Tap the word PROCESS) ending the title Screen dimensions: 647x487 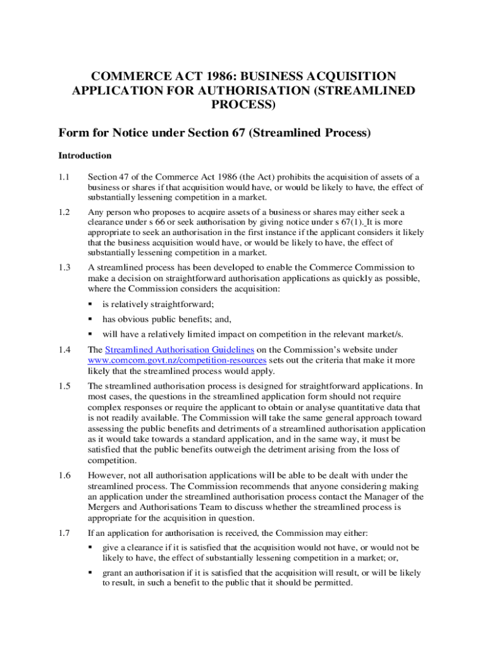(244, 105)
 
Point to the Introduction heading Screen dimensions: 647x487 (85, 155)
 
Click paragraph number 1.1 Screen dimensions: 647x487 (64, 177)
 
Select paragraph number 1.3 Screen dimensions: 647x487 (64, 267)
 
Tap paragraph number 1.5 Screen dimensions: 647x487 (64, 385)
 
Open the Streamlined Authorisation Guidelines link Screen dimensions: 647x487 (180, 349)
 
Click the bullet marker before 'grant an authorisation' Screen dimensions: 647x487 (91, 573)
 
